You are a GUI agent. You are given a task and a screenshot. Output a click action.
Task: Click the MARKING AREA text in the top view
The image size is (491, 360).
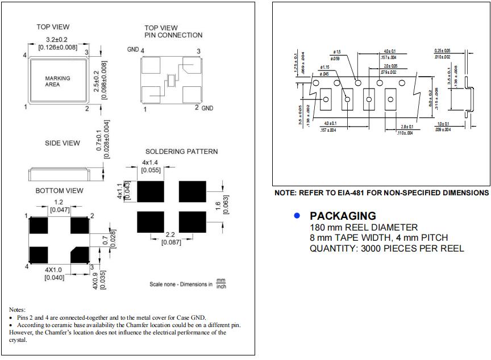click(x=58, y=81)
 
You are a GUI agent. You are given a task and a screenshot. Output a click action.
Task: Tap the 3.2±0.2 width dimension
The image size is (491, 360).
click(x=57, y=39)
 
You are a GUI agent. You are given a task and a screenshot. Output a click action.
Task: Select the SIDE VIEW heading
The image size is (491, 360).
click(x=63, y=143)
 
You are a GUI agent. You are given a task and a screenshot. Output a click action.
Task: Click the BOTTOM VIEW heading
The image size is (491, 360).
click(x=59, y=191)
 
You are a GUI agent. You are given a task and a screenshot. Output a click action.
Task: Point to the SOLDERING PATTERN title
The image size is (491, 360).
click(x=181, y=152)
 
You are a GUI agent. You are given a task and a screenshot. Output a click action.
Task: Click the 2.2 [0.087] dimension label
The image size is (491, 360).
click(x=170, y=238)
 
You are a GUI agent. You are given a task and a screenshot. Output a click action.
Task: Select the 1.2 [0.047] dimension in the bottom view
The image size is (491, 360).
click(x=59, y=206)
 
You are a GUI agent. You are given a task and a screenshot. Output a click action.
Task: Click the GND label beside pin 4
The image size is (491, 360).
click(x=132, y=50)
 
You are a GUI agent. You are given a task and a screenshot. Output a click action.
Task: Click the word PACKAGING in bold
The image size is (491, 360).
click(x=343, y=216)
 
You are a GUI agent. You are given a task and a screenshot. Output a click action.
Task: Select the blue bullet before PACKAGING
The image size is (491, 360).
click(x=296, y=216)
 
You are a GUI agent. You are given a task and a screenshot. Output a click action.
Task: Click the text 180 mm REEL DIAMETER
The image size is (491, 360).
click(x=364, y=227)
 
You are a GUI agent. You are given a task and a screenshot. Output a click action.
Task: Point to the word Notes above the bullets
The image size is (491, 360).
click(x=18, y=309)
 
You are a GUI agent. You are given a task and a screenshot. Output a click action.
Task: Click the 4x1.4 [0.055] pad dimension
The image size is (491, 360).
click(x=151, y=166)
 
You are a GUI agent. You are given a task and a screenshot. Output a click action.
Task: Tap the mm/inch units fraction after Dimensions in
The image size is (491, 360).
click(x=222, y=283)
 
